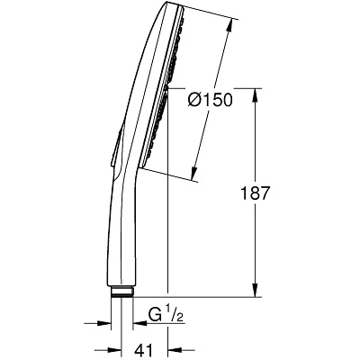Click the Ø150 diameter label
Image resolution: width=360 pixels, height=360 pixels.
pos(210,100)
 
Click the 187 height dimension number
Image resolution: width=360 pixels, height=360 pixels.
pos(256,193)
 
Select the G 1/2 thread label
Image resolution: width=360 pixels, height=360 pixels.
pos(166,314)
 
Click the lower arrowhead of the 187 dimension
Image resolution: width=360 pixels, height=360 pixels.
pos(255,290)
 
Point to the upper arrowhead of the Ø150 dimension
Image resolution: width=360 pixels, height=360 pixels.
pos(229,26)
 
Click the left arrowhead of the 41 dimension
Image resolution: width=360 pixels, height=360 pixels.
pos(114,350)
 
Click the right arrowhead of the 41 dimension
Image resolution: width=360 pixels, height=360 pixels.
pos(175,350)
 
